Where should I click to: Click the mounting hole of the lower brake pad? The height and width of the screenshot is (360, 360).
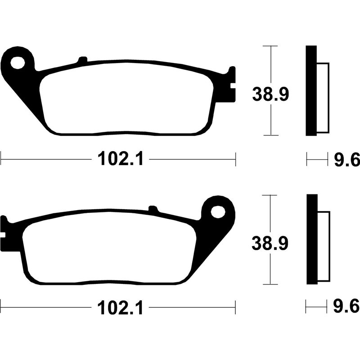(218, 211)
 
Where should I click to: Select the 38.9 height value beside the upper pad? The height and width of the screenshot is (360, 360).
(269, 95)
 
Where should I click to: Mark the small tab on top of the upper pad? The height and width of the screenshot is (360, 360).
(82, 60)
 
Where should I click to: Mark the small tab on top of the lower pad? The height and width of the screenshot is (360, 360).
(153, 209)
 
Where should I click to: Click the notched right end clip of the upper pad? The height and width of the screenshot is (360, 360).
(232, 83)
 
